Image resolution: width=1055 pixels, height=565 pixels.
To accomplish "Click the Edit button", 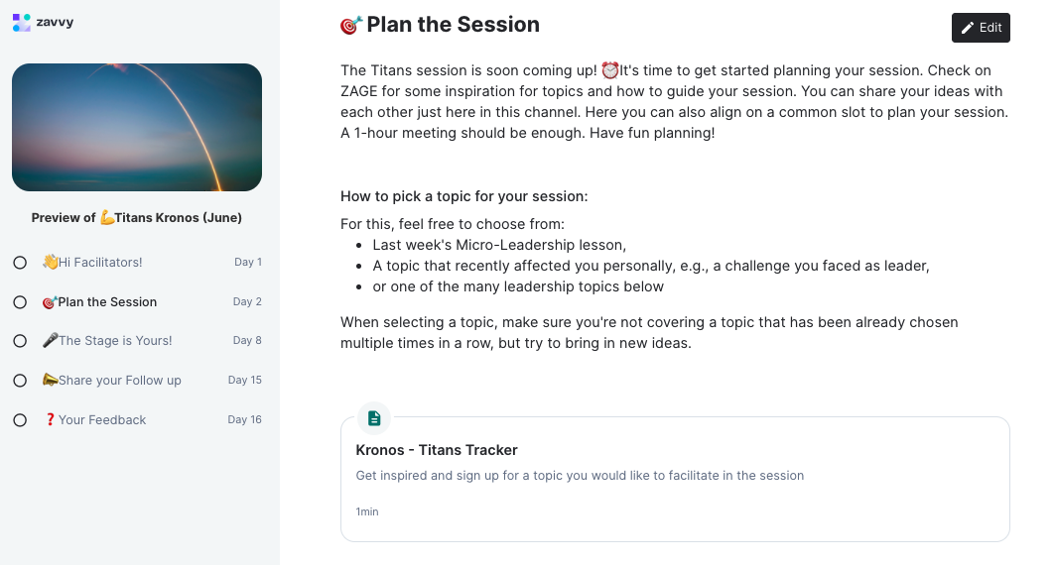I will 981,28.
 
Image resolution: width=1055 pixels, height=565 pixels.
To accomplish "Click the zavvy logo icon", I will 22,22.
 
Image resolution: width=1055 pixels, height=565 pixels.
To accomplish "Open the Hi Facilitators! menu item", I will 100,263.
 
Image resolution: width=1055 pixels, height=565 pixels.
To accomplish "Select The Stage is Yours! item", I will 115,341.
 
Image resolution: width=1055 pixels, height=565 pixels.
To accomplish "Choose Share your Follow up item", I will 119,381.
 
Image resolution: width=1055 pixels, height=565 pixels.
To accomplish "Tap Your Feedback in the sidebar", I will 101,420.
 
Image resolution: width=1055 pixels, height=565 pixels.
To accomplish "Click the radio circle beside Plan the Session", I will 20,302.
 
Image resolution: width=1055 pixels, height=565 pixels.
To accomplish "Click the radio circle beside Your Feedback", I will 20,420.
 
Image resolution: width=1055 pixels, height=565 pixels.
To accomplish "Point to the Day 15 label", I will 244,381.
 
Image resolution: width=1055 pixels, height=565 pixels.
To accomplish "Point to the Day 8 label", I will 247,341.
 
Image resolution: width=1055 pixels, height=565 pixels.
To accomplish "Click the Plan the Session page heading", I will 453,25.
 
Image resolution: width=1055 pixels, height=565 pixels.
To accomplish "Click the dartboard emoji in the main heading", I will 351,26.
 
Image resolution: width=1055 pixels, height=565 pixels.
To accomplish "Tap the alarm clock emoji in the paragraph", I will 610,70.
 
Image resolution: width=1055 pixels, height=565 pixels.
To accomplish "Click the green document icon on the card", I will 374,418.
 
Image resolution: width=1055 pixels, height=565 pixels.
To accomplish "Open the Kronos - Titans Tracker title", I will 437,450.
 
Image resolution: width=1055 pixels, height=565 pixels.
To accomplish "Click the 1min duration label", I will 367,512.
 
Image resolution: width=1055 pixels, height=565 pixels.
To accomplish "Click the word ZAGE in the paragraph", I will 362,91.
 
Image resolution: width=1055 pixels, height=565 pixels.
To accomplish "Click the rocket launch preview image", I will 137,127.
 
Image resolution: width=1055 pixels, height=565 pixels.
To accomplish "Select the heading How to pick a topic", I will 463,196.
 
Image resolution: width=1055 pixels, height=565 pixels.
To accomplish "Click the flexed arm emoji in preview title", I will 107,218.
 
